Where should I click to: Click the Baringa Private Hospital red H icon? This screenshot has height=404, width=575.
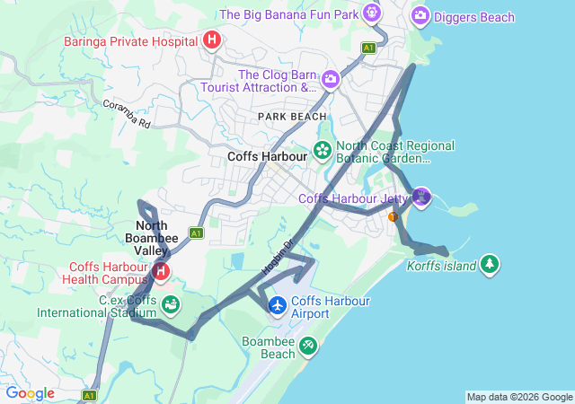coord(212,40)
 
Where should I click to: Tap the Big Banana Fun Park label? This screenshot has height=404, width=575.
coord(288,14)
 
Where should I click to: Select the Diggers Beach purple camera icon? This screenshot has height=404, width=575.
coord(420,15)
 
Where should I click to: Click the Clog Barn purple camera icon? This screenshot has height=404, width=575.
coord(331,80)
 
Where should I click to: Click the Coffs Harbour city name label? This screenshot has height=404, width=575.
coord(267,155)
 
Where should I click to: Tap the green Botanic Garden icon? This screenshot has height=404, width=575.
coord(322,149)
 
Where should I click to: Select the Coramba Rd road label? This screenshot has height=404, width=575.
coord(125,115)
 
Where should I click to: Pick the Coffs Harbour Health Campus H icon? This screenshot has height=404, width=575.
coord(161,270)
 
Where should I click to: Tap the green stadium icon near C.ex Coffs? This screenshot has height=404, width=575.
coord(169,305)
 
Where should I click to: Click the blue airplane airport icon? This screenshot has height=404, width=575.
coord(278,306)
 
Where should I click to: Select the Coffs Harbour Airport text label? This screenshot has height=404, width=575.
coord(330,307)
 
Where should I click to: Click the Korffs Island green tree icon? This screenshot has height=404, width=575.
coord(489,264)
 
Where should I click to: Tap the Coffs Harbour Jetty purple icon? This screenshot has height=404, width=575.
coord(421,196)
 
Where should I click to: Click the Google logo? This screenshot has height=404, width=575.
coord(30,393)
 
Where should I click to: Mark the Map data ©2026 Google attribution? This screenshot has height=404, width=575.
coord(519,397)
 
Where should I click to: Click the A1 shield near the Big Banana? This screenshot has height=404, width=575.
coord(368,47)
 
